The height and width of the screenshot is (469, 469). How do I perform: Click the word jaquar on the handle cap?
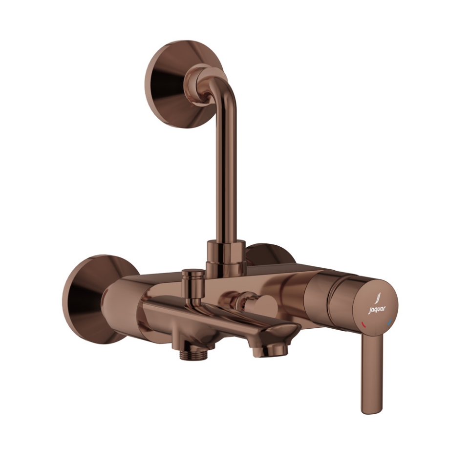[377, 310]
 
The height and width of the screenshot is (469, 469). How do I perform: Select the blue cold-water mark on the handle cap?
[389, 322]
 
